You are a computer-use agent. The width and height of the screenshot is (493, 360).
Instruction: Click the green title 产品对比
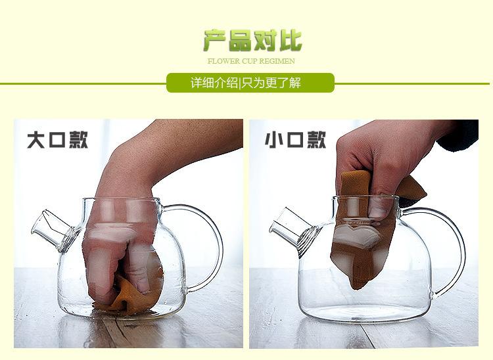252,41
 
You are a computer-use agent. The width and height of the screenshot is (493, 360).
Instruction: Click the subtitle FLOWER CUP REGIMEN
251,61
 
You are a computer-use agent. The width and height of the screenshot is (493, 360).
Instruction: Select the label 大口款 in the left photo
57,140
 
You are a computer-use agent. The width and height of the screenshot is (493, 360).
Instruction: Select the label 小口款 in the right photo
295,140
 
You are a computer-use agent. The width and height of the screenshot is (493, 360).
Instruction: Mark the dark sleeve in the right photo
460,135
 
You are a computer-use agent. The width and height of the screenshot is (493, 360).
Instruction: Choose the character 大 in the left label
36,140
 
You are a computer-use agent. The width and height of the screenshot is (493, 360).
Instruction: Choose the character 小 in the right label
274,140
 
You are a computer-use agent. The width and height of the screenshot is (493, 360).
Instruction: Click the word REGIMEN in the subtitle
280,61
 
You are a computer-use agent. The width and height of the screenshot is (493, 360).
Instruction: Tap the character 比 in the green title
289,41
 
